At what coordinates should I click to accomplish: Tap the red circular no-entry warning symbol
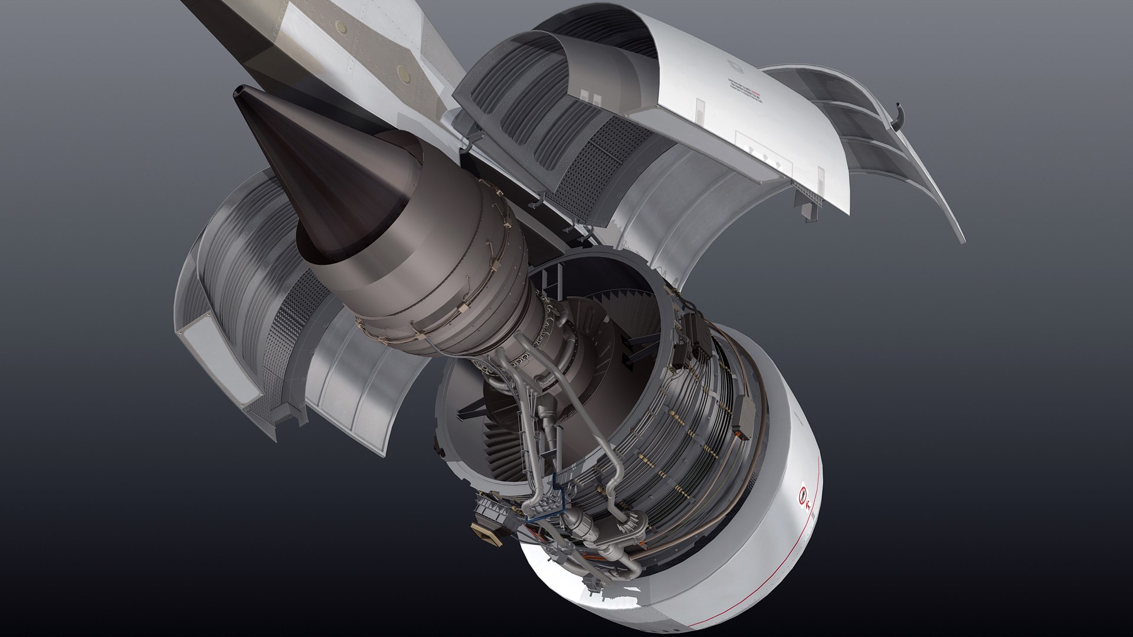(803, 494)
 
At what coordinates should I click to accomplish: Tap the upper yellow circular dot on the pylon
(340, 27)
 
